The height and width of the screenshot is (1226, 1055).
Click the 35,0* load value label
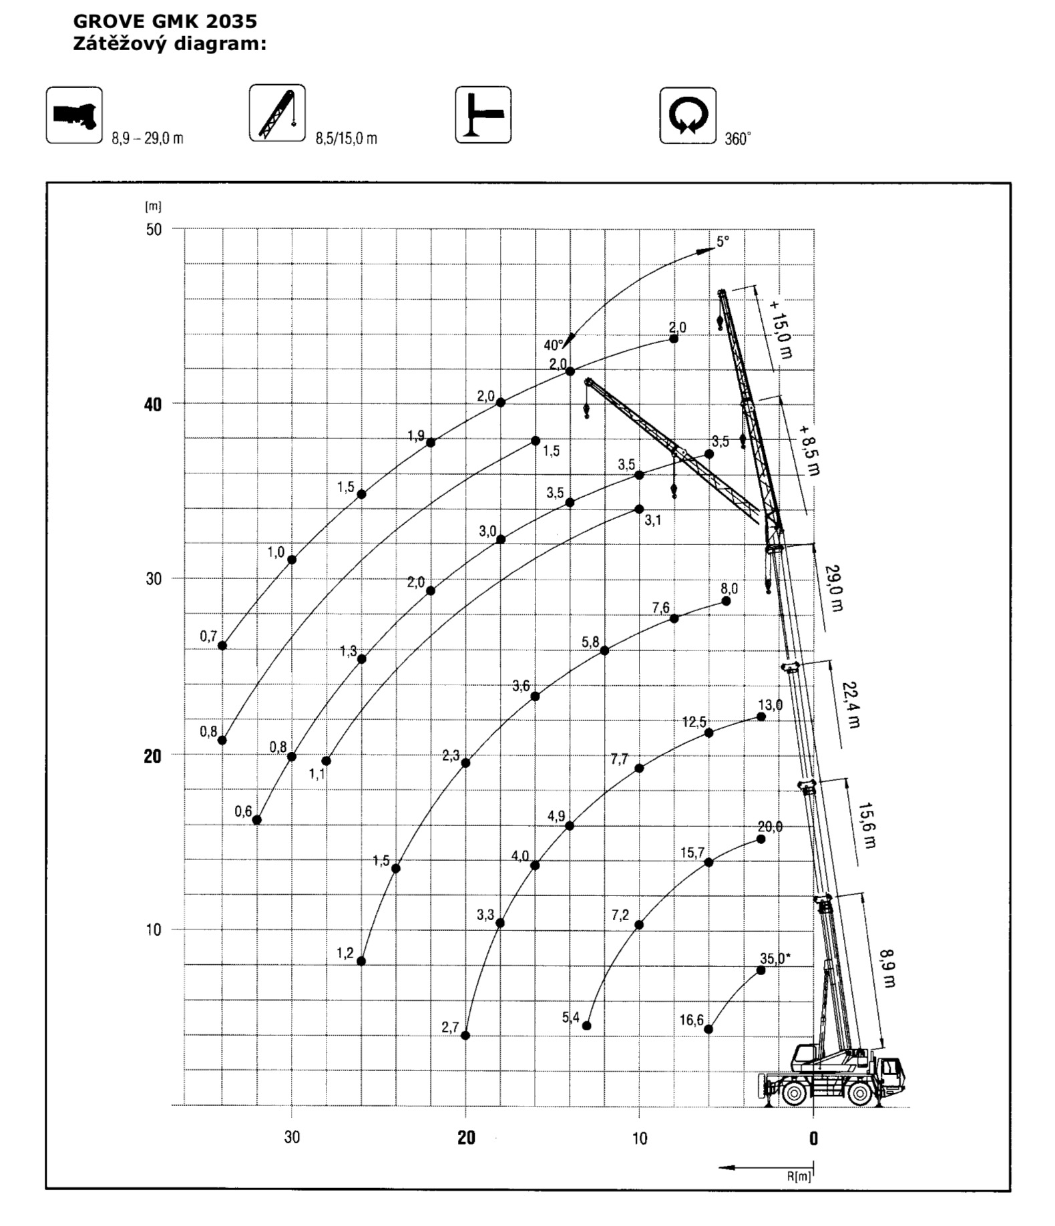pos(775,958)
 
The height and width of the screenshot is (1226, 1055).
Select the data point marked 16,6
pos(708,1029)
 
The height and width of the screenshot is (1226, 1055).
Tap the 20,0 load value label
pos(770,827)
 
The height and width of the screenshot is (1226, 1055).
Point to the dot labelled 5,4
pos(587,1026)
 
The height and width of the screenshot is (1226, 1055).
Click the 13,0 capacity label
pos(770,704)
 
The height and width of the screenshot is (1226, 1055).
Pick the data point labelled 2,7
pos(465,1036)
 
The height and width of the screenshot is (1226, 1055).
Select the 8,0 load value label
pos(729,588)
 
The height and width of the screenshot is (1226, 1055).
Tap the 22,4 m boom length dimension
pos(851,704)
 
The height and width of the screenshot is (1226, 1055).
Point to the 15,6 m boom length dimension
pos(867,825)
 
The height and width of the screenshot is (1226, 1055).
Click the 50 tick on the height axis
pos(154,229)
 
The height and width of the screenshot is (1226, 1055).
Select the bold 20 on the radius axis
pos(466,1138)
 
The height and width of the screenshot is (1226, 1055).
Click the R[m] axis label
pos(799,1177)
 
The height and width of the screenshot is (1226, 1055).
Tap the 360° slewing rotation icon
pos(688,116)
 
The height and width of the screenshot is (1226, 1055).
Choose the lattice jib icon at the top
pos(277,113)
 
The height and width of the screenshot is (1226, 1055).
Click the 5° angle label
pos(723,242)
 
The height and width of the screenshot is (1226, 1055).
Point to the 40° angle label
pos(554,345)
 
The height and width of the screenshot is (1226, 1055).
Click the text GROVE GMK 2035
pos(165,21)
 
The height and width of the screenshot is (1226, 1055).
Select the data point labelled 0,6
pos(256,820)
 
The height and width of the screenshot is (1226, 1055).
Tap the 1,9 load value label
pos(416,436)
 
